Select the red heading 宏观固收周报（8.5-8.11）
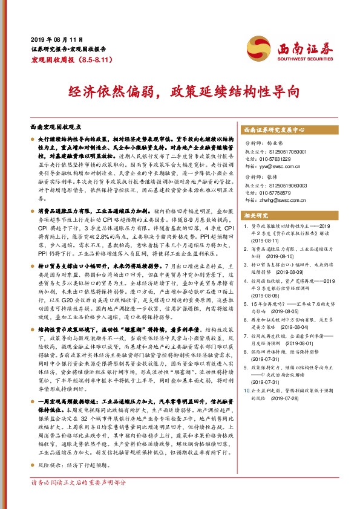63,62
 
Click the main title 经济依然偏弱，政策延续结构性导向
180,91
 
